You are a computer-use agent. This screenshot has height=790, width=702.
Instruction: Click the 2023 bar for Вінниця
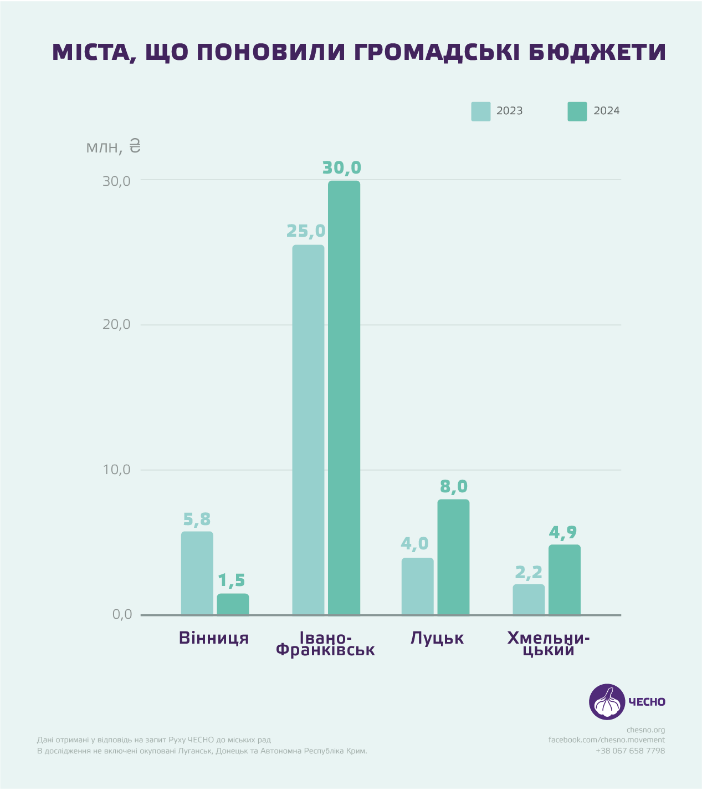pos(197,573)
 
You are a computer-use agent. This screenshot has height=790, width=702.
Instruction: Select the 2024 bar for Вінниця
pos(233,604)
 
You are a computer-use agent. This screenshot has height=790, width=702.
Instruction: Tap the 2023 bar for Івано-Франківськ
pos(308,430)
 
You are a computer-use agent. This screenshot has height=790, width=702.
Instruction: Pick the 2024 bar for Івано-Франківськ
pos(344,397)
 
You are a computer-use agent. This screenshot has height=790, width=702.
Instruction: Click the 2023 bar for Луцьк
pos(417,586)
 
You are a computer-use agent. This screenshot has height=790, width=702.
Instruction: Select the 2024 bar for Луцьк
pos(453,557)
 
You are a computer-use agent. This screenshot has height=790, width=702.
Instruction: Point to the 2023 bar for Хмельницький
pos(529,599)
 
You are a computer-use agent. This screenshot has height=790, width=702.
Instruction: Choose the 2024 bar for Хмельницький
pos(565,579)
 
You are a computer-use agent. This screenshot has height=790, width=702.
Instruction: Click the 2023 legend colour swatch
pos(480,111)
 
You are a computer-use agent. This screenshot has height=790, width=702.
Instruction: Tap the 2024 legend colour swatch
pos(577,111)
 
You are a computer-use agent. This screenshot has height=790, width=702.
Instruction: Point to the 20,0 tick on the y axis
pos(116,324)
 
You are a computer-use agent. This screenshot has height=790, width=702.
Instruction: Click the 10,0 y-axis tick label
pos(116,470)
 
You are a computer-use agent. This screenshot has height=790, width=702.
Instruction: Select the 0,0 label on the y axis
pos(122,614)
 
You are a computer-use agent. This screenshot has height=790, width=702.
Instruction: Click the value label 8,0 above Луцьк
pos(454,487)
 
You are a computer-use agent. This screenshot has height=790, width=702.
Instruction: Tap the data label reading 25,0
pos(306,231)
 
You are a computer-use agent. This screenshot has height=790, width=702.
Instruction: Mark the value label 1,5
pos(231,580)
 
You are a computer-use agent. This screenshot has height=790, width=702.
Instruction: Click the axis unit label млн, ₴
pos(114,147)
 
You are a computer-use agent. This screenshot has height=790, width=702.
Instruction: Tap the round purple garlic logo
pos(607,701)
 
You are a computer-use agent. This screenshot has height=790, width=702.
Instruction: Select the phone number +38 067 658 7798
pos(630,751)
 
